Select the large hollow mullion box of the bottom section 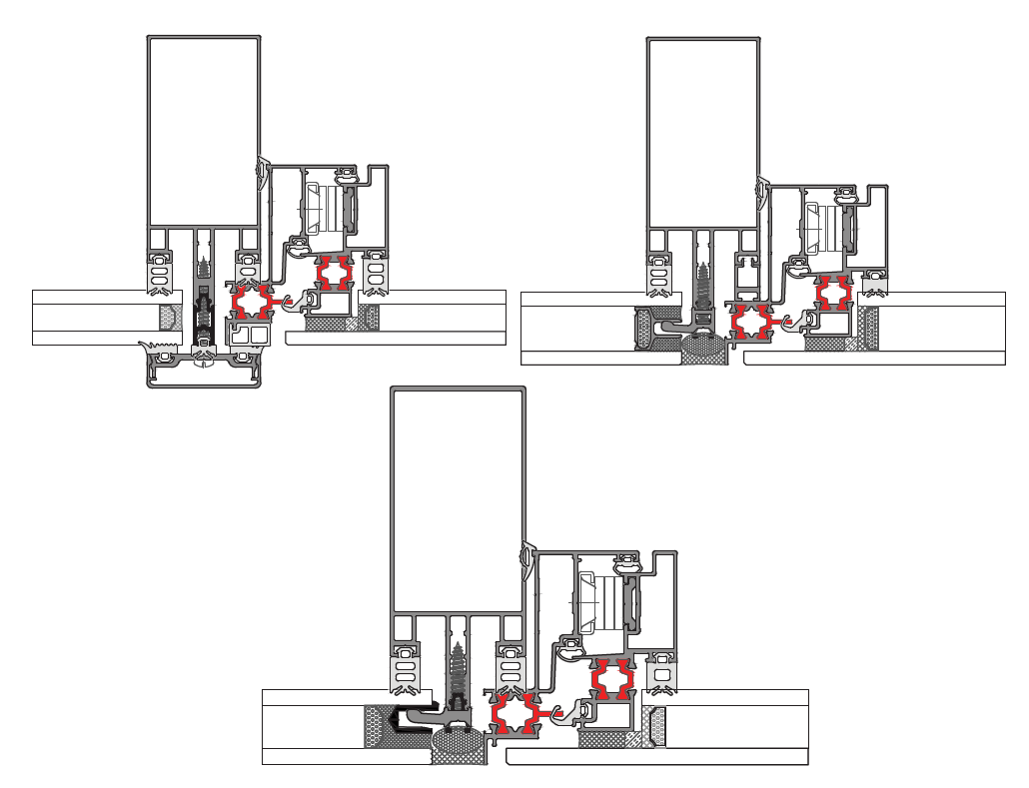click(459, 499)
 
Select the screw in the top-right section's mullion click(703, 285)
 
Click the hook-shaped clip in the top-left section click(297, 299)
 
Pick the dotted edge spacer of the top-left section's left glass click(169, 318)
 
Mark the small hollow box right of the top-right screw click(745, 274)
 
